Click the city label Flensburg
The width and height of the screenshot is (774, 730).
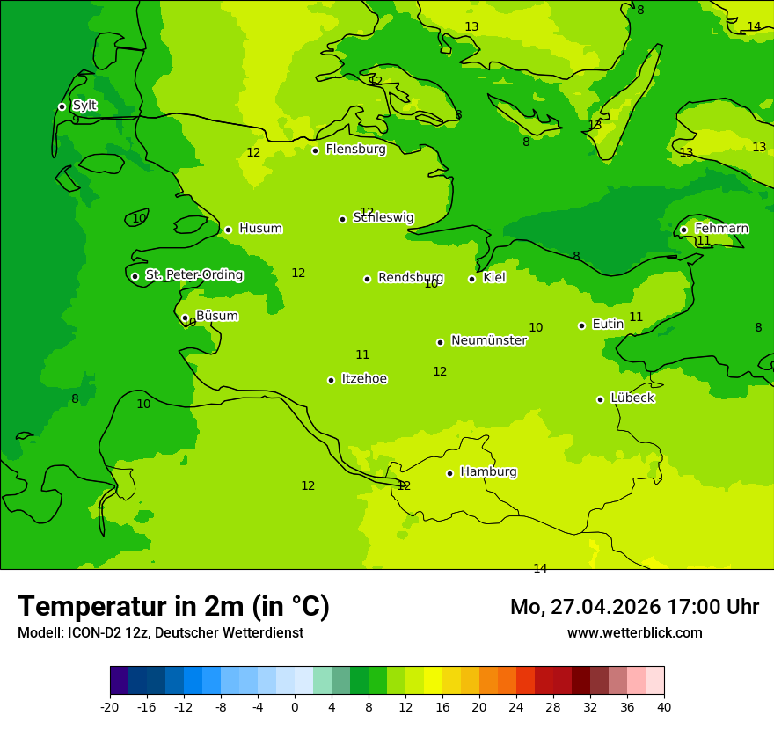[x=355, y=150]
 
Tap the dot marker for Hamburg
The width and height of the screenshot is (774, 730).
[x=449, y=473]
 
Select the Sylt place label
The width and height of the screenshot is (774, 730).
[x=84, y=106]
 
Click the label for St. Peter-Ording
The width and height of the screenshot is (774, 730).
[x=193, y=275]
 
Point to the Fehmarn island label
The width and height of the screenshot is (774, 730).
[x=721, y=229]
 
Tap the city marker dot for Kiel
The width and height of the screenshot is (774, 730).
[x=471, y=279]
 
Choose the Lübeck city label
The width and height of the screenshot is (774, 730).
[x=632, y=398]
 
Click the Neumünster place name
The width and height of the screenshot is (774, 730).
[x=488, y=340]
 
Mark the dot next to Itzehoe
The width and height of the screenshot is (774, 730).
[x=331, y=380]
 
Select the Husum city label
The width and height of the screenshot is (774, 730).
[x=260, y=229]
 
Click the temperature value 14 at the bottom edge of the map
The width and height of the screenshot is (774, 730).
[x=540, y=568]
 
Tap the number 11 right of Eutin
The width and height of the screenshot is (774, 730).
[x=636, y=317]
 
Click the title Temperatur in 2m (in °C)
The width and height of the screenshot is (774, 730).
[x=173, y=606]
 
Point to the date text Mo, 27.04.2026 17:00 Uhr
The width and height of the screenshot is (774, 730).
[x=634, y=607]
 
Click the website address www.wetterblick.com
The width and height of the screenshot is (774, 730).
[x=634, y=632]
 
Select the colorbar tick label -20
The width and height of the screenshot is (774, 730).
[x=110, y=706]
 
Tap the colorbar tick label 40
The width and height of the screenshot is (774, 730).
[x=664, y=706]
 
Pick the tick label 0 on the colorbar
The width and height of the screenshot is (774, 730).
[x=295, y=706]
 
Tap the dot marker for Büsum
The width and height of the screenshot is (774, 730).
[x=185, y=318]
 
